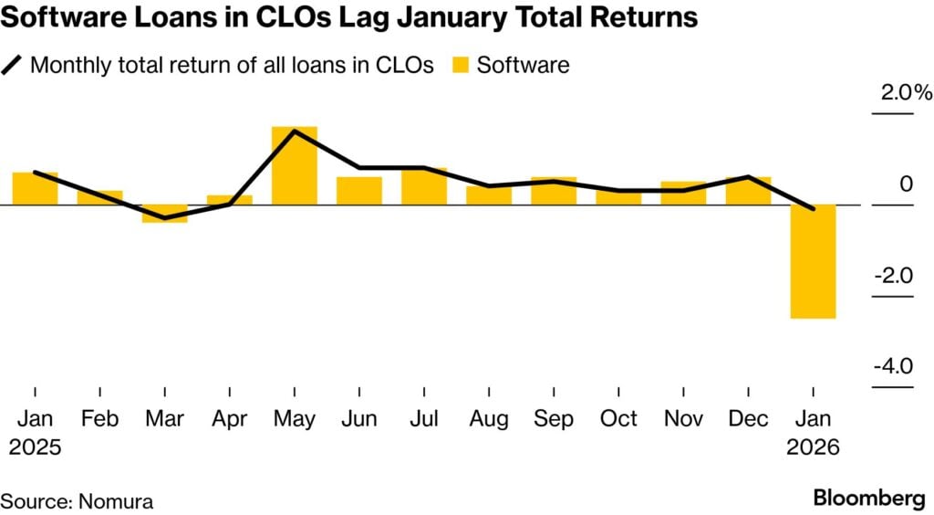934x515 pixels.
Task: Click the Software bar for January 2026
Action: (x=813, y=261)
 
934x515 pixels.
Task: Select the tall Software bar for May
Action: (x=294, y=165)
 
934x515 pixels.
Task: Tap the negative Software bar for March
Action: (x=164, y=214)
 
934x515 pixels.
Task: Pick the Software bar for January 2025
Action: (x=35, y=188)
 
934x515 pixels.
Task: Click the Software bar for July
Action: (x=424, y=186)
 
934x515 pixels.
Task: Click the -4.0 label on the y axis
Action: (x=893, y=367)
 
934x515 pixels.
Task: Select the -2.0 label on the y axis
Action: (x=893, y=276)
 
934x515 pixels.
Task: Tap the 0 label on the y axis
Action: (x=906, y=184)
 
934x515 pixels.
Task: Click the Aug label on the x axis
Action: (x=489, y=419)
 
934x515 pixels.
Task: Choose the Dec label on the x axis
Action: (x=748, y=419)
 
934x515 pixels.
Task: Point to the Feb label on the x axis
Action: (x=99, y=419)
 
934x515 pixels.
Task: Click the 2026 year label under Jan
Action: (x=812, y=448)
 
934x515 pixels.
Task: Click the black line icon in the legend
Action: (x=15, y=65)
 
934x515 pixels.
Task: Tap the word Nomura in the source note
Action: (x=117, y=500)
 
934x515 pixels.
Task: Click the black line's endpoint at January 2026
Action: (x=813, y=209)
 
